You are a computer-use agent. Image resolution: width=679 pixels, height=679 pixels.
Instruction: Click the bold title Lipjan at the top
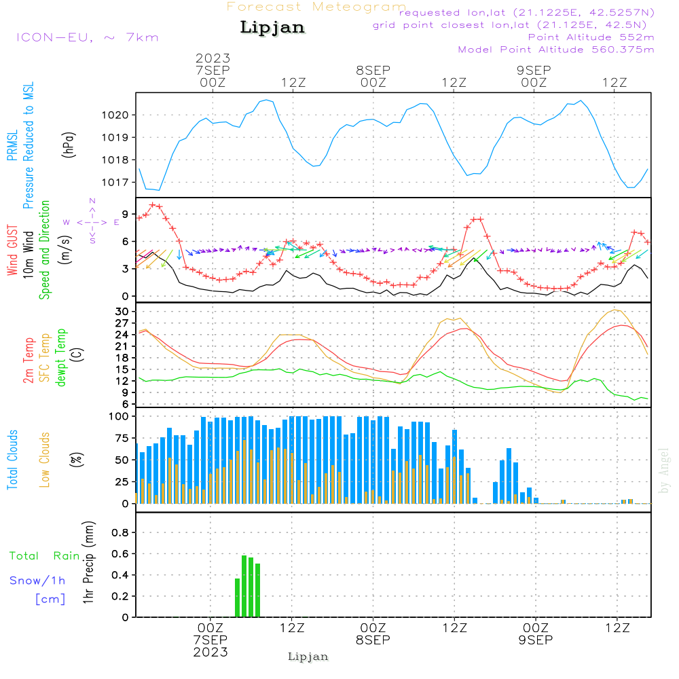[x=272, y=28]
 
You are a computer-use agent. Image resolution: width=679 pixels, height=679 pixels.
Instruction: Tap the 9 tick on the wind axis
[x=126, y=213]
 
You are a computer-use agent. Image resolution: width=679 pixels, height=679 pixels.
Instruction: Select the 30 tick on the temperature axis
[x=122, y=312]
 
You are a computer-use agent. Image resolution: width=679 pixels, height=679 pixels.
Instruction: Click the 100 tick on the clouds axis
[x=118, y=416]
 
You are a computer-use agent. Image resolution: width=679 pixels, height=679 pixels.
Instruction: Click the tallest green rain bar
[x=244, y=585]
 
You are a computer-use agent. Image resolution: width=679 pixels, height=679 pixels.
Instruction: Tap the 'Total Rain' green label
[x=45, y=556]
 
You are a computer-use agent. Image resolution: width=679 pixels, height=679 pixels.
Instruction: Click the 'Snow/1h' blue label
[x=38, y=581]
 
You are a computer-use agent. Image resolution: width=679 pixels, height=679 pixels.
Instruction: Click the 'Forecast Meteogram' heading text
[x=316, y=7]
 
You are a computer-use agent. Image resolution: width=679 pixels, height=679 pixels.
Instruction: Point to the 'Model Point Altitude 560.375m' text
[x=556, y=50]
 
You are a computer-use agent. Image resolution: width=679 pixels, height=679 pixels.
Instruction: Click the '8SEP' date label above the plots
[x=373, y=70]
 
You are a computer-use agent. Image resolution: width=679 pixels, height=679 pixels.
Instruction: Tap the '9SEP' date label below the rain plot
[x=535, y=640]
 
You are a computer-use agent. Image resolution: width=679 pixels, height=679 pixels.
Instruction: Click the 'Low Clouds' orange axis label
[x=45, y=459]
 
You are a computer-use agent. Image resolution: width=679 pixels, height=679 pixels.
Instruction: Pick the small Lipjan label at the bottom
[x=308, y=657]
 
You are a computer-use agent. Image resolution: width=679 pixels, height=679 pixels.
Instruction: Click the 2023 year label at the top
[x=213, y=58]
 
